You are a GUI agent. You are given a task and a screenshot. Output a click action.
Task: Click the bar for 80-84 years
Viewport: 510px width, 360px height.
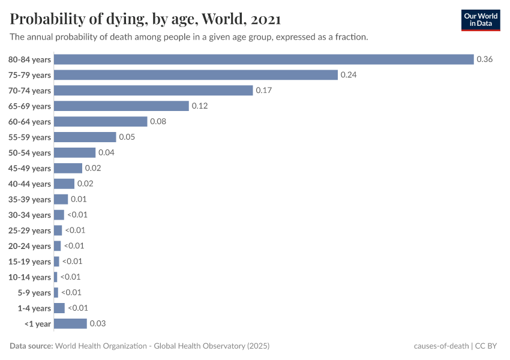[264, 59]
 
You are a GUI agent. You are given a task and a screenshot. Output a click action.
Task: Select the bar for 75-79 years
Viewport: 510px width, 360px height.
[196, 75]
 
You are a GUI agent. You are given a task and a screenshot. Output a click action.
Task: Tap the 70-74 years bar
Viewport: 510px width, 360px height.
[153, 91]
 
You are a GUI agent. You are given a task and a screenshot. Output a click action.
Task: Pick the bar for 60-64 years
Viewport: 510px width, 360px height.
[100, 122]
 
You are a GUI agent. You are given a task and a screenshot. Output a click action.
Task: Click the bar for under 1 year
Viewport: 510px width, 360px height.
[70, 323]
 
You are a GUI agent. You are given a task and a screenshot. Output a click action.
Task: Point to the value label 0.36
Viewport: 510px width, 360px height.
[484, 59]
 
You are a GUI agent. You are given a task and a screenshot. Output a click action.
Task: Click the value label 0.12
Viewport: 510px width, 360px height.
[199, 106]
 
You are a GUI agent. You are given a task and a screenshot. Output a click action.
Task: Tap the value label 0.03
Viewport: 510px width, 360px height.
[97, 323]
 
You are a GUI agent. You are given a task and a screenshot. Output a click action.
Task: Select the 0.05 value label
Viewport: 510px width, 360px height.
[127, 137]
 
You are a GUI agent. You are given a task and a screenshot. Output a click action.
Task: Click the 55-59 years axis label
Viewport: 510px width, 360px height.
[29, 137]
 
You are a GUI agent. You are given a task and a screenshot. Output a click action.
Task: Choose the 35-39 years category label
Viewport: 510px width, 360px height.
[29, 199]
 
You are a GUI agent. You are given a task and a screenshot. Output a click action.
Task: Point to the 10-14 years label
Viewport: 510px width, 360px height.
[29, 277]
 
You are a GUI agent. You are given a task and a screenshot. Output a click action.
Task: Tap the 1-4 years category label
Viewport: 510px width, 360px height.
[34, 308]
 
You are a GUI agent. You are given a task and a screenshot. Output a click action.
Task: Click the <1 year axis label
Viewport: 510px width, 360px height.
[37, 324]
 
